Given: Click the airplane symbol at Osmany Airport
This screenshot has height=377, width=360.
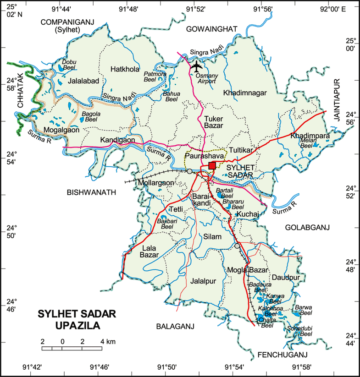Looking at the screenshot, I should click(x=197, y=66).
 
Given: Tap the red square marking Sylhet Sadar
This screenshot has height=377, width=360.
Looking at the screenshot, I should click(x=212, y=165).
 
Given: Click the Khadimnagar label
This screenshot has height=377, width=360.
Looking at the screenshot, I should click(x=245, y=93).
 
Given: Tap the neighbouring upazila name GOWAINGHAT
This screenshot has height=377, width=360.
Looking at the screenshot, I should click(x=212, y=29).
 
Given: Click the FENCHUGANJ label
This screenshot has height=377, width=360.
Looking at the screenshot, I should click(x=282, y=355).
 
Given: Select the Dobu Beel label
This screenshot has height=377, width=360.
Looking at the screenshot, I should click(x=69, y=65).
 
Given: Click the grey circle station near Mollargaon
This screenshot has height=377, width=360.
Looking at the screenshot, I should click(x=189, y=171).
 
